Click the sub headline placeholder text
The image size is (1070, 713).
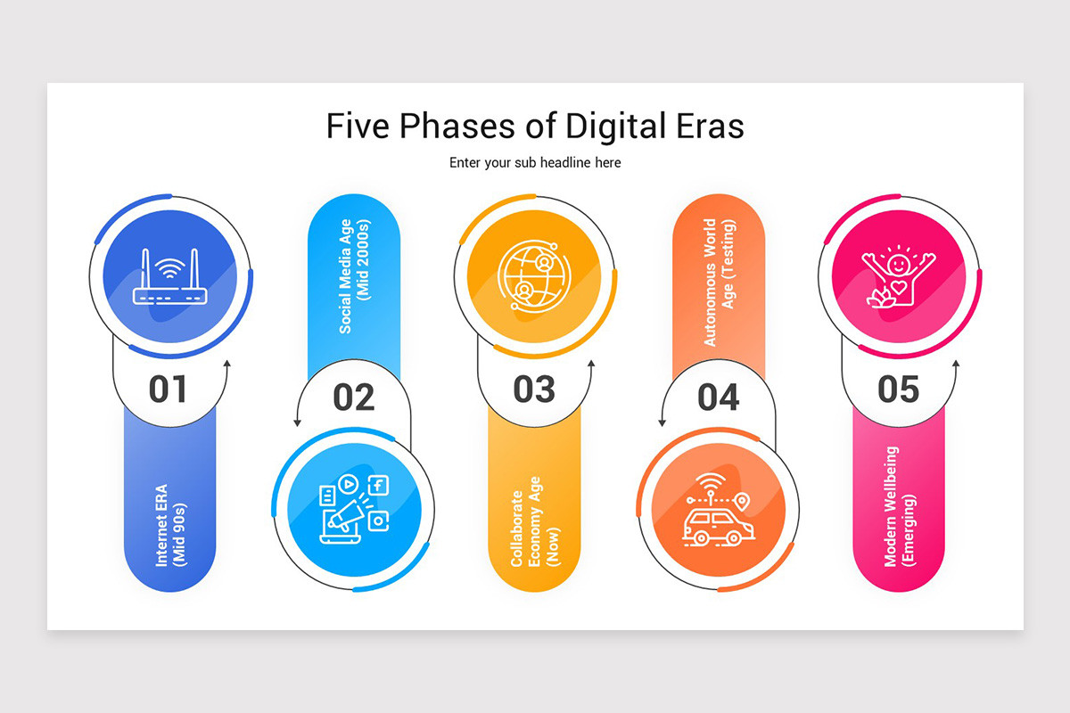click(535, 163)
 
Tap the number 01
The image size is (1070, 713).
click(169, 389)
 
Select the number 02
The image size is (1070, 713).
click(354, 397)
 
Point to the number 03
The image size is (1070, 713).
click(534, 389)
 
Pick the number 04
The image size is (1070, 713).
click(719, 397)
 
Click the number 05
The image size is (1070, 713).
click(898, 389)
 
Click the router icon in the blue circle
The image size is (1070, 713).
click(169, 278)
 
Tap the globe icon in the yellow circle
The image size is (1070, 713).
click(533, 277)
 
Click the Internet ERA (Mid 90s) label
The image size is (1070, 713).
click(169, 525)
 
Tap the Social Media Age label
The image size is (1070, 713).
click(354, 276)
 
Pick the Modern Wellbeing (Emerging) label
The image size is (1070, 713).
click(899, 506)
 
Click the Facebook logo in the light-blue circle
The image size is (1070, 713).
click(378, 485)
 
